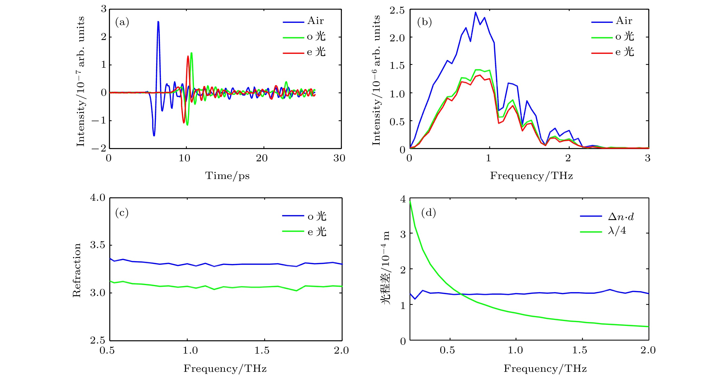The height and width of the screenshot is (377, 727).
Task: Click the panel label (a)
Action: pyautogui.click(x=122, y=22)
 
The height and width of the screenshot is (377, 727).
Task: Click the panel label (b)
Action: pyautogui.click(x=424, y=22)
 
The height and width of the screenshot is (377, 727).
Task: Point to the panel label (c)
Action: pyautogui.click(x=122, y=212)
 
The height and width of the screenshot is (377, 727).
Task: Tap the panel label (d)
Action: pyautogui.click(x=429, y=212)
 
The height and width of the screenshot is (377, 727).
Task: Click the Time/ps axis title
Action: pyautogui.click(x=227, y=176)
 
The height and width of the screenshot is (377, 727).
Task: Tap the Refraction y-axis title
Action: pyautogui.click(x=77, y=270)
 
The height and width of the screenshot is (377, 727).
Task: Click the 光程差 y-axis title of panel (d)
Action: pyautogui.click(x=386, y=267)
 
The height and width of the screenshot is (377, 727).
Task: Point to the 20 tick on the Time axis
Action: pyautogui.click(x=262, y=158)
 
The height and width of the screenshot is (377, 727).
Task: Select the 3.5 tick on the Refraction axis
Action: pyautogui.click(x=98, y=245)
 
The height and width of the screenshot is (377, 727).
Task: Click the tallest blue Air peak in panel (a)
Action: pyautogui.click(x=158, y=22)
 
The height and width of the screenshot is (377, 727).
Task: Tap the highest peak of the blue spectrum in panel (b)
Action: pyautogui.click(x=475, y=13)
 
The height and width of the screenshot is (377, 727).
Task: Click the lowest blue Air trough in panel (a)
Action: pyautogui.click(x=154, y=135)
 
